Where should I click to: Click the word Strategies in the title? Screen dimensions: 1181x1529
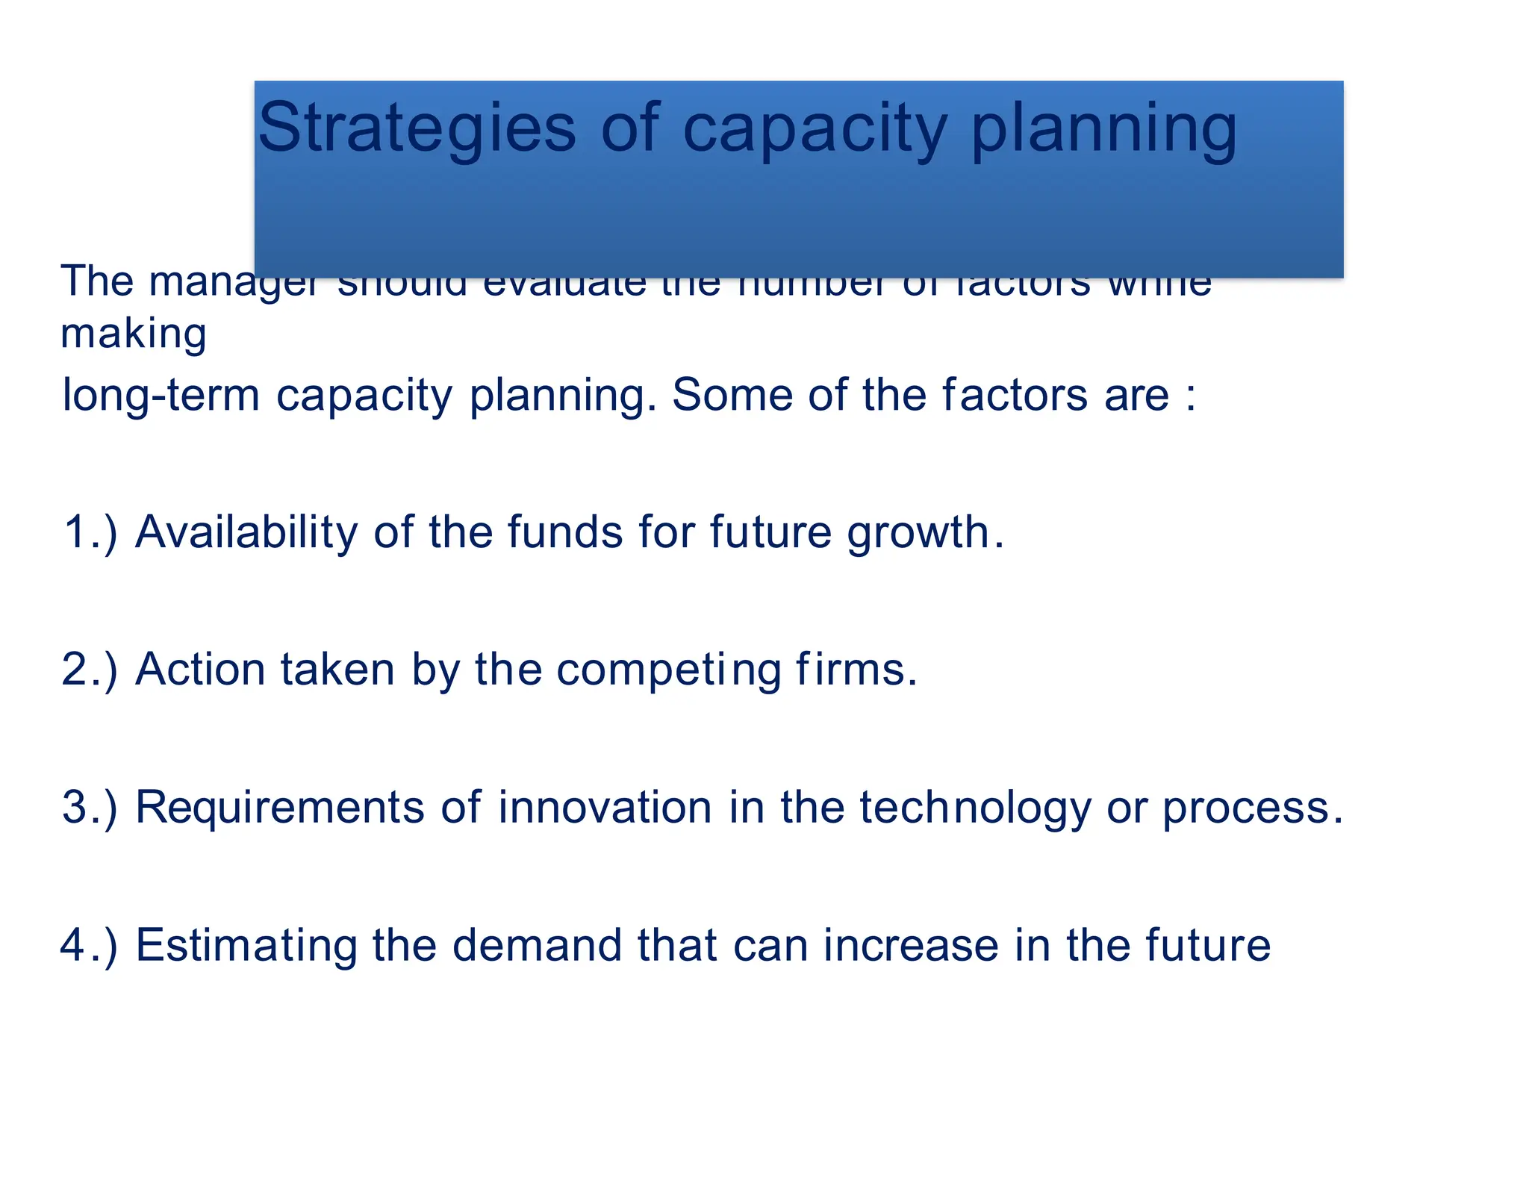pos(417,129)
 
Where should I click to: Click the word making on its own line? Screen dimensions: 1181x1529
pos(133,334)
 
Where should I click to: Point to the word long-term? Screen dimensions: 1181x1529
pos(161,396)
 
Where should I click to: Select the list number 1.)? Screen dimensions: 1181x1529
pos(90,533)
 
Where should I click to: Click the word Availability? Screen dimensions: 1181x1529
pos(246,533)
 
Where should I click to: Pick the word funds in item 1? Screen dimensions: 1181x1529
pos(565,532)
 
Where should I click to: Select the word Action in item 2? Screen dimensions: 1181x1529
pos(200,670)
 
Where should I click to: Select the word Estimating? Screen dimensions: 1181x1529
pos(246,947)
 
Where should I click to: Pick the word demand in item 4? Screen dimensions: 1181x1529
pos(537,945)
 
